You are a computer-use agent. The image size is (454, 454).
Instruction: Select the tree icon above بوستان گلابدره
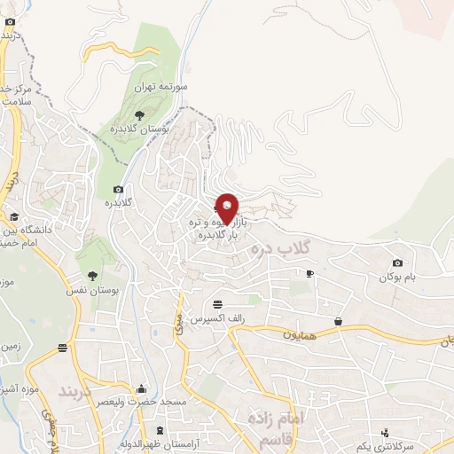pyautogui.click(x=138, y=114)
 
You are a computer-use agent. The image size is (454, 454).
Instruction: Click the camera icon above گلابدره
pyautogui.click(x=118, y=188)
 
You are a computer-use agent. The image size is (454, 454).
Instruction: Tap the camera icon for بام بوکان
pyautogui.click(x=396, y=262)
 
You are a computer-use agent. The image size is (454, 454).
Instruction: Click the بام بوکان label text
pyautogui.click(x=412, y=278)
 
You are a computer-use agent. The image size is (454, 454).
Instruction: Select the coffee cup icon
pyautogui.click(x=309, y=273)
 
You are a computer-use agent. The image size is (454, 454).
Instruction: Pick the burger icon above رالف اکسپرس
pyautogui.click(x=217, y=304)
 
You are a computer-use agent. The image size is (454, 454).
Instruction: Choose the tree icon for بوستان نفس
pyautogui.click(x=92, y=275)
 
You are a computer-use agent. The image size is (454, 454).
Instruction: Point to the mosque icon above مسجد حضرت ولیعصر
pyautogui.click(x=141, y=388)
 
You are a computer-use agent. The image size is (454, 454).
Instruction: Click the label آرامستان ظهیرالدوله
pyautogui.click(x=160, y=442)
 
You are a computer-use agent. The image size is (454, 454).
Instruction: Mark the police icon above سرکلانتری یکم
pyautogui.click(x=385, y=434)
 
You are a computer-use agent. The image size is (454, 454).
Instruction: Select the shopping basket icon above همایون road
pyautogui.click(x=339, y=320)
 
